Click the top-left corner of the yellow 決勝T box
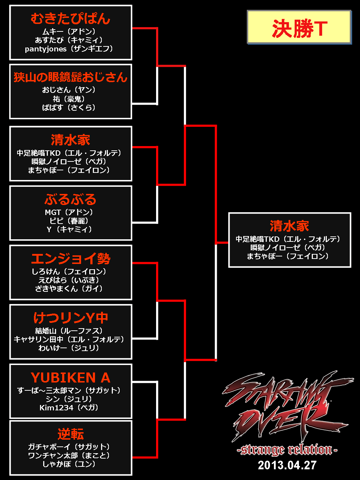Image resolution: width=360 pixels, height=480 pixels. coord(247,10)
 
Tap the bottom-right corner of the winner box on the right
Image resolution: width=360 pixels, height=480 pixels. coord(351,267)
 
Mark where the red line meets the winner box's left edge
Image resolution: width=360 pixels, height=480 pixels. coord(229,242)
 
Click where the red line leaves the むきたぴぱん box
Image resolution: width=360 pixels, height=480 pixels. coord(132,28)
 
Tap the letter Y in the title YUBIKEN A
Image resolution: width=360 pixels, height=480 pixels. coord(35,377)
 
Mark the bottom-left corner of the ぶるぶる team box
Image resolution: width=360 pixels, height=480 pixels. coord(10,240)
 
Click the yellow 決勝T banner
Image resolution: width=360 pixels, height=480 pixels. coord(299,27)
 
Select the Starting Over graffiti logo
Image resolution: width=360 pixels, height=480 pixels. coord(288,405)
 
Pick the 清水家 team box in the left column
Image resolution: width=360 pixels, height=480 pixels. coord(71,154)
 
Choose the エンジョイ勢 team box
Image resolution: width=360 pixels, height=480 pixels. coord(71,272)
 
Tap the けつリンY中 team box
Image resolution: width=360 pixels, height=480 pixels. coord(71,332)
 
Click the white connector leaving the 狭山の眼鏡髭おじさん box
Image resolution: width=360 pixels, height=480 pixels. coord(145,104)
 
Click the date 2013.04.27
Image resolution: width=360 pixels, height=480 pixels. coord(287,465)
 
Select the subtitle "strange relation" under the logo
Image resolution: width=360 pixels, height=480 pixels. coord(287,450)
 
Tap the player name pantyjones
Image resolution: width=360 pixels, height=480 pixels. coord(46,49)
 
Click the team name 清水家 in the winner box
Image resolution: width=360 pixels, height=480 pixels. coord(289,226)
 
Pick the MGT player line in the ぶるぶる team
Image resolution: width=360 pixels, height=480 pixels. coord(69,212)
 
